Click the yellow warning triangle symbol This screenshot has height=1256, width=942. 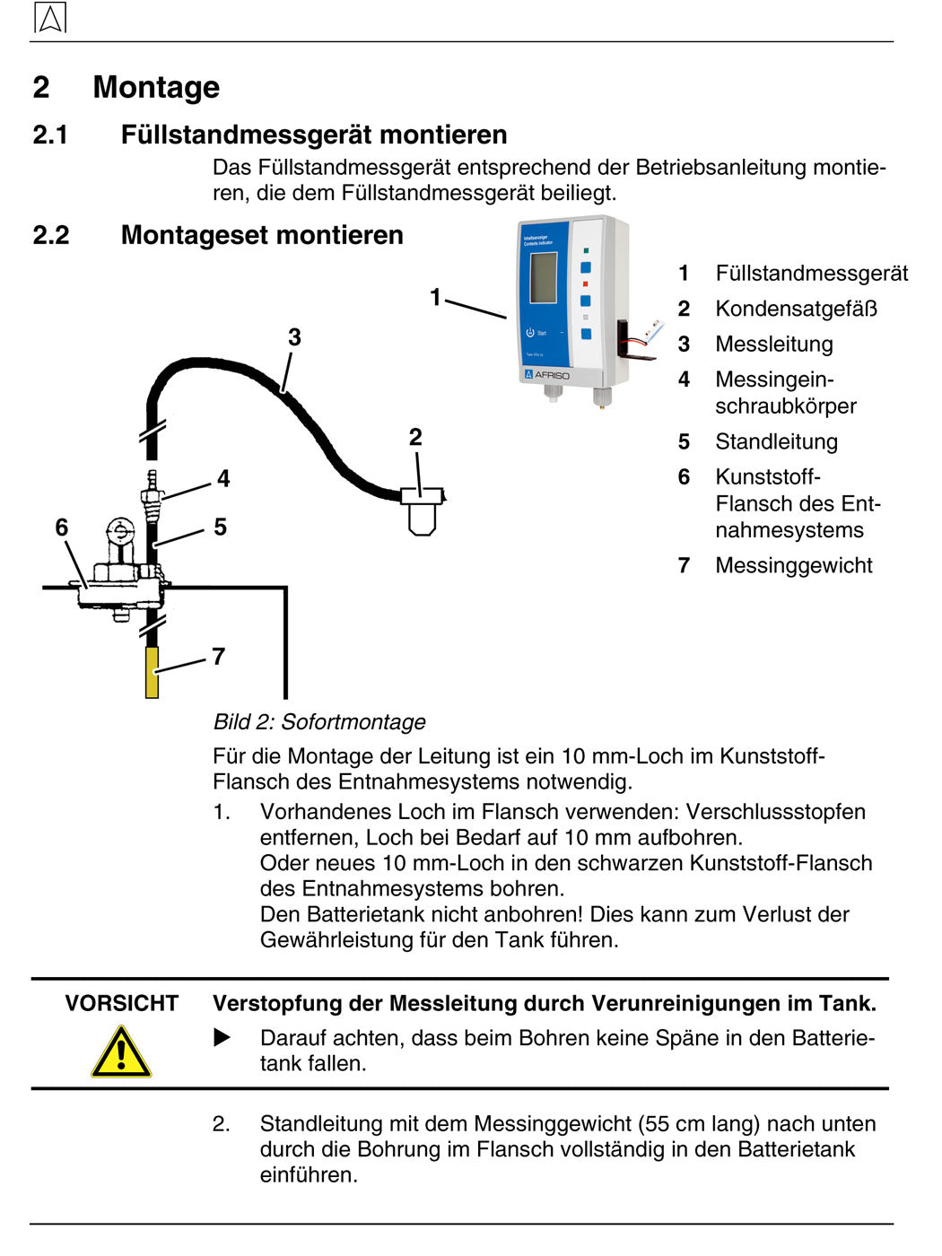tap(121, 1052)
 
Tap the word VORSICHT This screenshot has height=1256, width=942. tap(121, 1003)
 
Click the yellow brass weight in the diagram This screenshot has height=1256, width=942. tap(152, 672)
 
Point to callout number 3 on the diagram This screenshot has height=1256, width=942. tap(294, 337)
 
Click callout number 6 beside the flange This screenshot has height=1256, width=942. tap(61, 527)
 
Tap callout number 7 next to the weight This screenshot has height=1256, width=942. tap(218, 657)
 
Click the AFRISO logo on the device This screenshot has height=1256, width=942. tap(547, 375)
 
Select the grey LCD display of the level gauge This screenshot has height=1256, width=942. tap(544, 277)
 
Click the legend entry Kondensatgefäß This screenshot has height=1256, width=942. tap(796, 309)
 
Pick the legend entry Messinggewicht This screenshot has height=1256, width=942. tap(793, 565)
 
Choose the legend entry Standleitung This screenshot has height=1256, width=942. tap(776, 441)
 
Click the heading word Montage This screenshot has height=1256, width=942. tap(156, 87)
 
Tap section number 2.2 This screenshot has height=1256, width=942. tap(51, 235)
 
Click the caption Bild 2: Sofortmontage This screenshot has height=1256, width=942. tap(319, 722)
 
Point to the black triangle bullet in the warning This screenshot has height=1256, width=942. tap(222, 1038)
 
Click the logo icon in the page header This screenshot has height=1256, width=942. tap(50, 18)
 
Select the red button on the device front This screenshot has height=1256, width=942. tap(586, 283)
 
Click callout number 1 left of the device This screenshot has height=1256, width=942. tap(435, 297)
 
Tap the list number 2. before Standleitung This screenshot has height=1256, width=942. tap(222, 1124)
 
